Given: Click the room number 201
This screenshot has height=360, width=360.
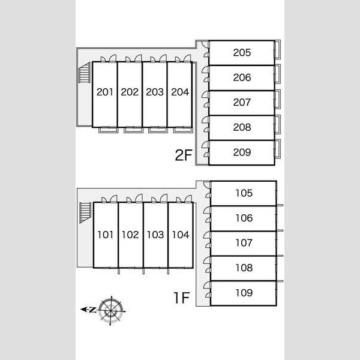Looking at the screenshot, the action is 104,92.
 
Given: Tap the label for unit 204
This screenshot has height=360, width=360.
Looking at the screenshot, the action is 180,92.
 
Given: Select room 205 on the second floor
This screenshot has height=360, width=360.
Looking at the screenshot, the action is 242,53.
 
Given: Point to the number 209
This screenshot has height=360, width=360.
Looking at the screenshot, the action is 242,152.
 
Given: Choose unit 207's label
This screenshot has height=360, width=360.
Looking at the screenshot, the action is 242,102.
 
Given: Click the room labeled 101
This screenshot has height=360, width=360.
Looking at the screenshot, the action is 106,235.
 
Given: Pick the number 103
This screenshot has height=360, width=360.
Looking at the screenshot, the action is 155,235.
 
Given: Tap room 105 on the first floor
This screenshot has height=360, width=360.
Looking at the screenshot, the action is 244,193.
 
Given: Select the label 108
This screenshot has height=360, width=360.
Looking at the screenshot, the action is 244,268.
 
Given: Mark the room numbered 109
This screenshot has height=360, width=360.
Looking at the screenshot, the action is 244,293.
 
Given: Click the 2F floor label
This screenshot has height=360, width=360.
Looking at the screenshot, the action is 183,155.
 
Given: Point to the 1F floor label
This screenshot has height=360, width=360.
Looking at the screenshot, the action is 182,298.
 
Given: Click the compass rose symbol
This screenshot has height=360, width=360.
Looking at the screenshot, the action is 111,311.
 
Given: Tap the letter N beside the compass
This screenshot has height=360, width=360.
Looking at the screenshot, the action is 92,310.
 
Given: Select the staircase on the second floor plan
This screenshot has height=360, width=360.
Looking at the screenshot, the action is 84,73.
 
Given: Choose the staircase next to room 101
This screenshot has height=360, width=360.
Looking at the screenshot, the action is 85,212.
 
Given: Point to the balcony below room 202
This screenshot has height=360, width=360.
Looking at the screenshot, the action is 133,130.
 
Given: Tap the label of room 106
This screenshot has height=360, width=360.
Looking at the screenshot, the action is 244,218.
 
